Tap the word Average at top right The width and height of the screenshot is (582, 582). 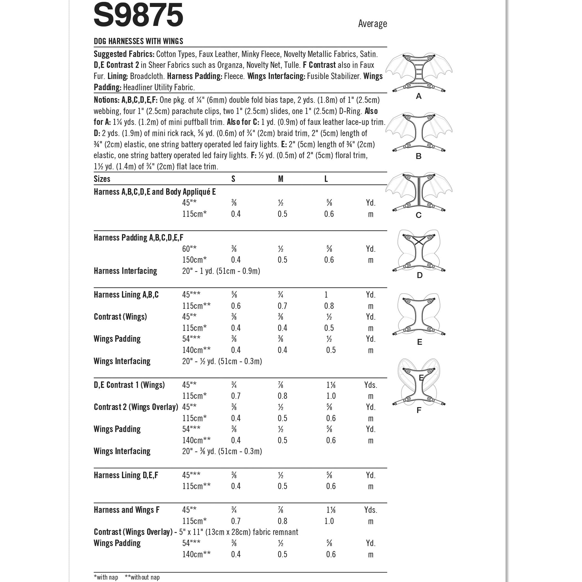click(372, 24)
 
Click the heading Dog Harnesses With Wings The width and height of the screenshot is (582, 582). click(138, 41)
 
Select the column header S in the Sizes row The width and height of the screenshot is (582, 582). click(233, 179)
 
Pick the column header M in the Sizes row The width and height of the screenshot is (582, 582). click(281, 179)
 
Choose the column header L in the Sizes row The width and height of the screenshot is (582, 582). click(326, 179)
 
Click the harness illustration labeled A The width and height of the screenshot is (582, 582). click(419, 73)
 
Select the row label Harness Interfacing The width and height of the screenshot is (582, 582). click(125, 271)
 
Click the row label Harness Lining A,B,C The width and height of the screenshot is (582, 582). click(126, 295)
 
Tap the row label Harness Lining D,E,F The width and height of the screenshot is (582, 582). click(126, 475)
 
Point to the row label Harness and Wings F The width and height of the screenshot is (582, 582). click(127, 510)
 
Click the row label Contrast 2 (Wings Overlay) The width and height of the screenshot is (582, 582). click(136, 407)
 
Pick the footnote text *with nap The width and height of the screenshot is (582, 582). click(106, 577)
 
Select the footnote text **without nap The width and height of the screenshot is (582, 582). click(142, 577)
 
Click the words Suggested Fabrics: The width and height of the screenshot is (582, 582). click(124, 54)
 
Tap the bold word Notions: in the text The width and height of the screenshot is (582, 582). click(107, 100)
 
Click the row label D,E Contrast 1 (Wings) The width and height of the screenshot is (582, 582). click(129, 385)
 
